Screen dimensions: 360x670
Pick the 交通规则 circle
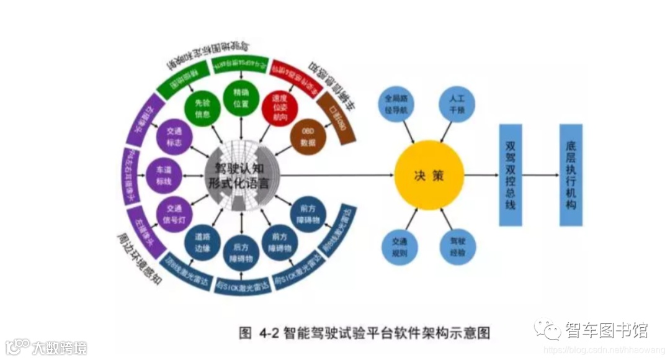400,247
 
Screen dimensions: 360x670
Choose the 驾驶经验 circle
458,247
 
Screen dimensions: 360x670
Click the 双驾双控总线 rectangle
511,175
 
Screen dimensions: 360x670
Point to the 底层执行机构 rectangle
571,175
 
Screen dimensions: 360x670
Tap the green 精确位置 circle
241,98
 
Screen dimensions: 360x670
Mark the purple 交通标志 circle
173,138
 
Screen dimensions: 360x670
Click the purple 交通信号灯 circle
173,212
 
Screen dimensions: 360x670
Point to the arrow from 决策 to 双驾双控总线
481,176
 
